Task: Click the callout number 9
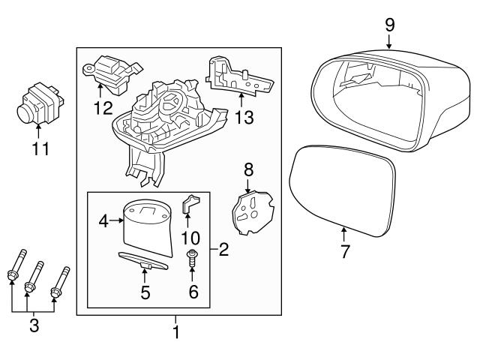tap(389, 24)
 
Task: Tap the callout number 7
tap(345, 251)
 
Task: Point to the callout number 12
tap(103, 108)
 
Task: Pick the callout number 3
tap(34, 327)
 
